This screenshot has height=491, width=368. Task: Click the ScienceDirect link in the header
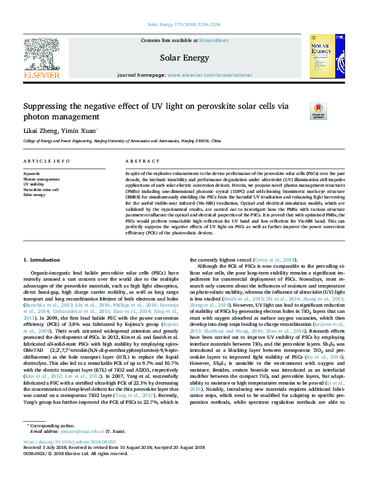tap(213, 40)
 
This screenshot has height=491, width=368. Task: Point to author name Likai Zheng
tap(40, 131)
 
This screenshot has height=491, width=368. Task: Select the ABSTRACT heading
tap(139, 161)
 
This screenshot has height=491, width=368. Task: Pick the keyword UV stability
tap(34, 184)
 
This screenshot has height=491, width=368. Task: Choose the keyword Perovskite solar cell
tap(41, 189)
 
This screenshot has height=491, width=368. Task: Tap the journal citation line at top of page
tap(184, 25)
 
